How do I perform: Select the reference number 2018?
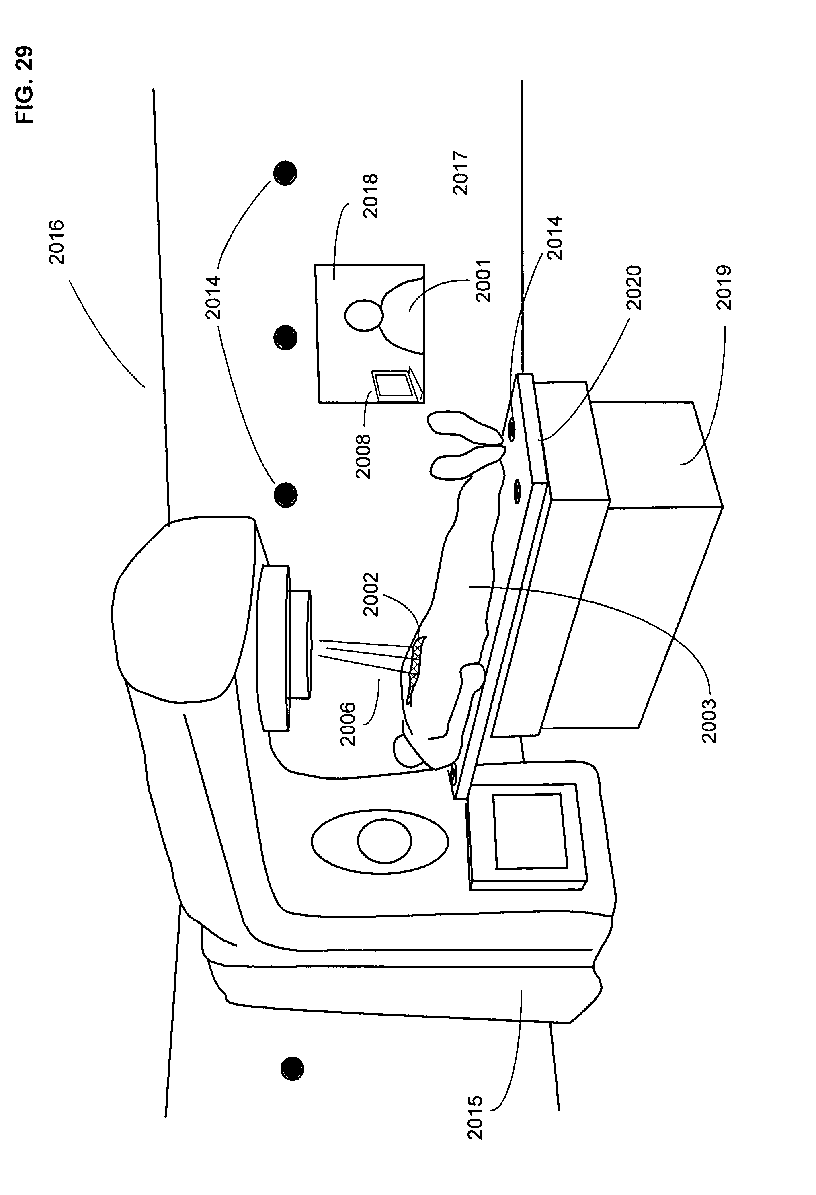click(x=370, y=196)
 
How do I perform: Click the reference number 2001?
click(x=484, y=280)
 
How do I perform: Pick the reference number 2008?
click(x=363, y=456)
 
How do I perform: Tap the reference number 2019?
click(x=724, y=288)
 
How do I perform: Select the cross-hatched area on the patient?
click(x=417, y=658)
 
